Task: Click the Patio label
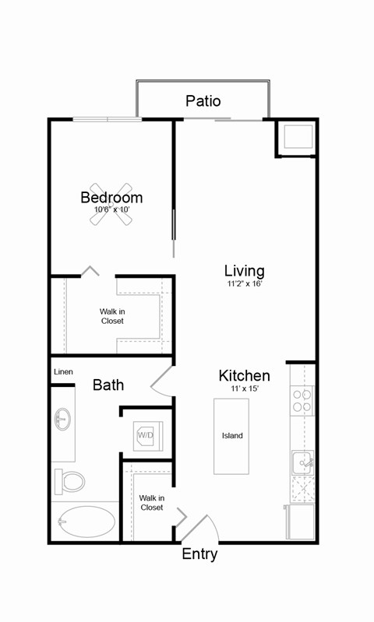point(203,101)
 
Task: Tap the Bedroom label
point(111,198)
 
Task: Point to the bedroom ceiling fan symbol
point(111,204)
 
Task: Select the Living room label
point(245,271)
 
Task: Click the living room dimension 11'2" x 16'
point(245,284)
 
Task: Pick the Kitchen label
point(245,376)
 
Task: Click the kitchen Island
point(232,436)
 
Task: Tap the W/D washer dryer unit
point(146,435)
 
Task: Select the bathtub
point(84,521)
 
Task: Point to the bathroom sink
point(63,421)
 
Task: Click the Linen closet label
point(63,372)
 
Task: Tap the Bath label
point(108,385)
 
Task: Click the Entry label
point(199,554)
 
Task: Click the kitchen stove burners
point(302,400)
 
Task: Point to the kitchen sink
point(302,463)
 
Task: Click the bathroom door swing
point(162,381)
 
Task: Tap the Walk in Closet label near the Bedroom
point(112,315)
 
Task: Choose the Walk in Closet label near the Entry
point(152,502)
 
